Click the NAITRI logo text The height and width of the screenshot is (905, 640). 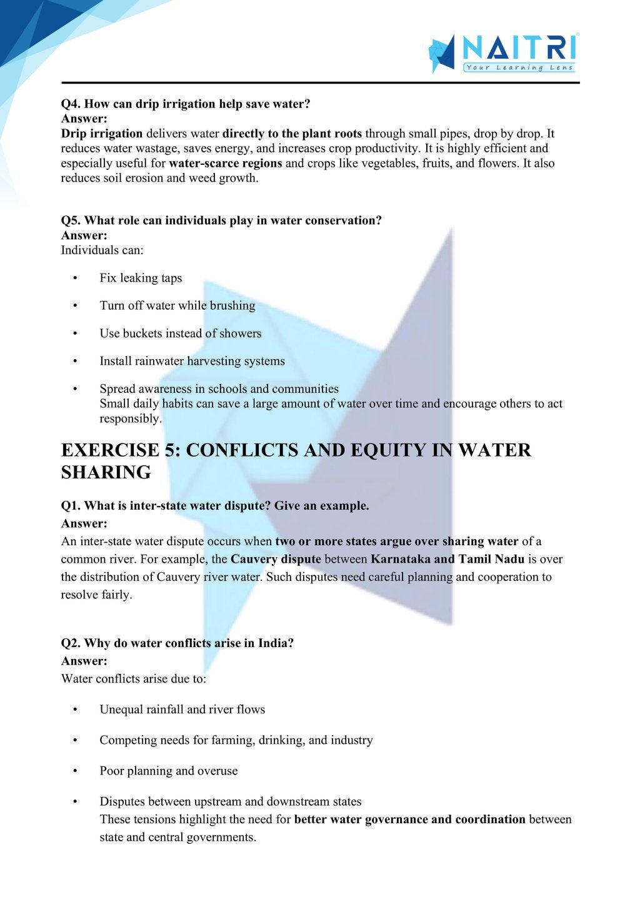(519, 47)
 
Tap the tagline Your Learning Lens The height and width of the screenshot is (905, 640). (519, 67)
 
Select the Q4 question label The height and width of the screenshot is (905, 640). (72, 104)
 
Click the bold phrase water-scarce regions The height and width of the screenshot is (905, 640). (225, 164)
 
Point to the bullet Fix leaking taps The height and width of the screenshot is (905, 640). (141, 278)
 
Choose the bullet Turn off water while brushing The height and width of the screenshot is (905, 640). (177, 305)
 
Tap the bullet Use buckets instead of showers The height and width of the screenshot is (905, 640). (181, 334)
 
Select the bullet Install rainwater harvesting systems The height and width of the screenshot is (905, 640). (192, 361)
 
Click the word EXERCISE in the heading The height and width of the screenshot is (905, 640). (111, 450)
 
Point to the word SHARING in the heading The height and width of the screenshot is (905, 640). (106, 472)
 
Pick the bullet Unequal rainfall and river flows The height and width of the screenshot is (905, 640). (182, 710)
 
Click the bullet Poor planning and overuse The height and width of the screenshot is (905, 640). (169, 771)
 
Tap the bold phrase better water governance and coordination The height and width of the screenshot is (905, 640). (409, 819)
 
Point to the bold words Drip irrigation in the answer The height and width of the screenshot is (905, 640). (102, 134)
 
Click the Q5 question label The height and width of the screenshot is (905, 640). (72, 220)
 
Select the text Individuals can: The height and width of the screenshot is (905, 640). (102, 250)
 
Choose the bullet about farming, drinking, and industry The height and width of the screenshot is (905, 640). (236, 740)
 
